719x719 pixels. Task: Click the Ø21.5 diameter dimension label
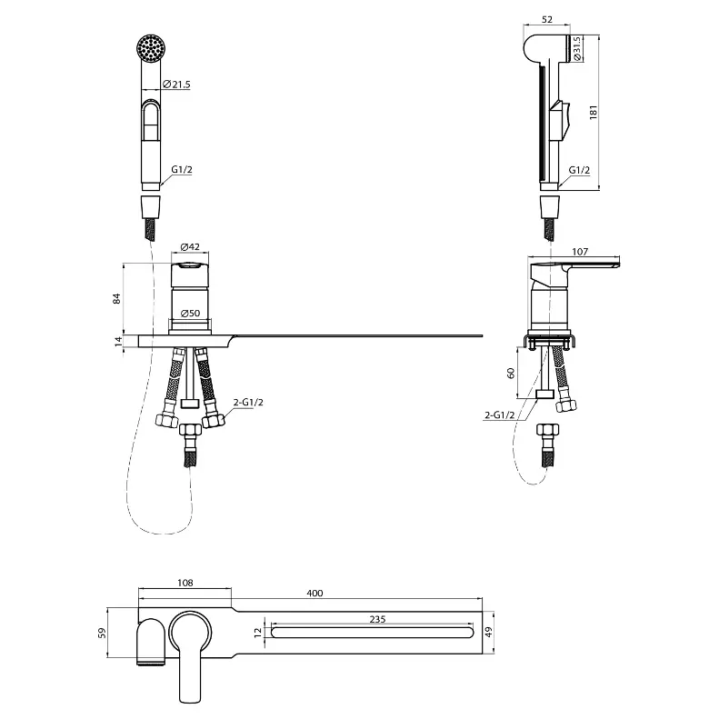click(x=176, y=85)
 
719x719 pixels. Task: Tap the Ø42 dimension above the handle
click(x=190, y=246)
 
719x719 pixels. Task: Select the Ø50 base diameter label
click(x=190, y=314)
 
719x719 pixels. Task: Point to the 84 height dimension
click(x=117, y=298)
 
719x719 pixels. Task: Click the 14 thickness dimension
click(x=118, y=341)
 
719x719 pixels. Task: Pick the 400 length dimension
click(x=315, y=593)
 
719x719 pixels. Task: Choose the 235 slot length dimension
click(x=377, y=619)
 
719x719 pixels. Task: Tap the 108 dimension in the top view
click(x=185, y=583)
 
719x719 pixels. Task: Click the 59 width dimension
click(x=102, y=633)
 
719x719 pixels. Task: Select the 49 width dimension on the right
click(x=488, y=632)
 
